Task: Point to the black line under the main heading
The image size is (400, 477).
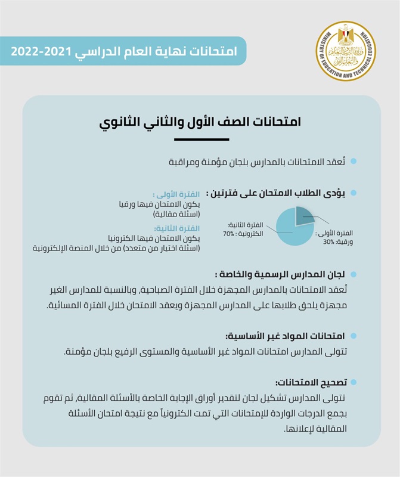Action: coord(201,139)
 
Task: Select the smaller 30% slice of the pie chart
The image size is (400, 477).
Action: coord(305,215)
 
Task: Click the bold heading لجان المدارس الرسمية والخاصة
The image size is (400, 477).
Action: coord(277,275)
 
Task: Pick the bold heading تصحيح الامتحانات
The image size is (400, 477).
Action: coord(310,382)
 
